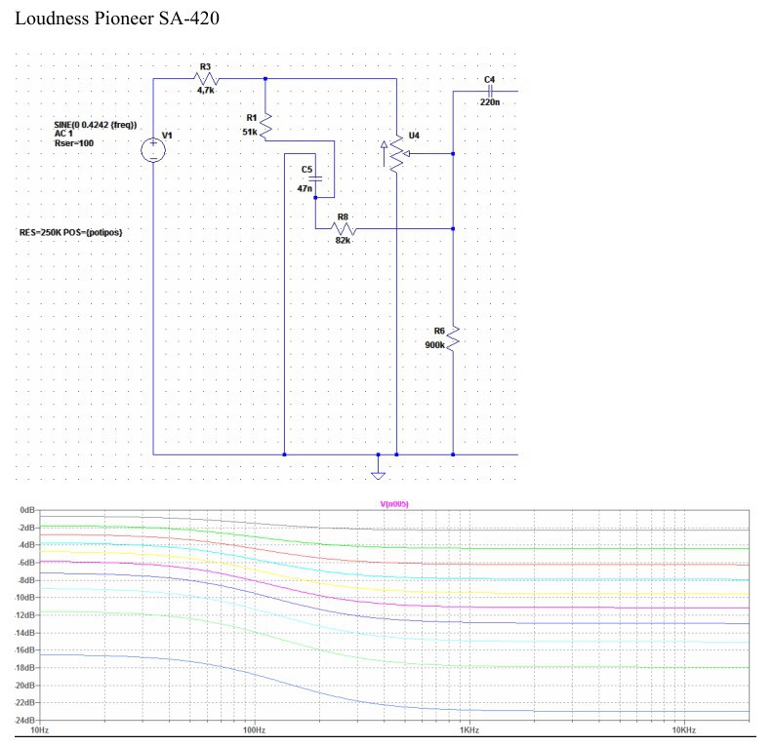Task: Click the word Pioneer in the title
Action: pos(124,19)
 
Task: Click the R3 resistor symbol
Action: pos(206,78)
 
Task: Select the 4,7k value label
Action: pos(206,91)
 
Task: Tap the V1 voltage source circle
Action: pos(153,150)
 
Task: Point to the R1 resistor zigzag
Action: pos(265,126)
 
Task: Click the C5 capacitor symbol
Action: pos(315,178)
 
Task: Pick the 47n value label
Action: pos(305,188)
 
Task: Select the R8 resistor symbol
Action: pos(344,229)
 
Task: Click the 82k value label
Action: pos(344,240)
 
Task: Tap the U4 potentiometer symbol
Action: pos(396,154)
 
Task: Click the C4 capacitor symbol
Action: pos(490,91)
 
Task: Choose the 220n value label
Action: pos(490,102)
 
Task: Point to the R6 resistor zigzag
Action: pos(453,338)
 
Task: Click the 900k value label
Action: pos(435,345)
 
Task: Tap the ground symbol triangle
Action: pos(378,476)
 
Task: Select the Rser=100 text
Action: pos(74,143)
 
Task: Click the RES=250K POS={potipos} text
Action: pos(70,232)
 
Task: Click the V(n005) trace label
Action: pos(394,504)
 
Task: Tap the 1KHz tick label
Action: pos(469,729)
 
